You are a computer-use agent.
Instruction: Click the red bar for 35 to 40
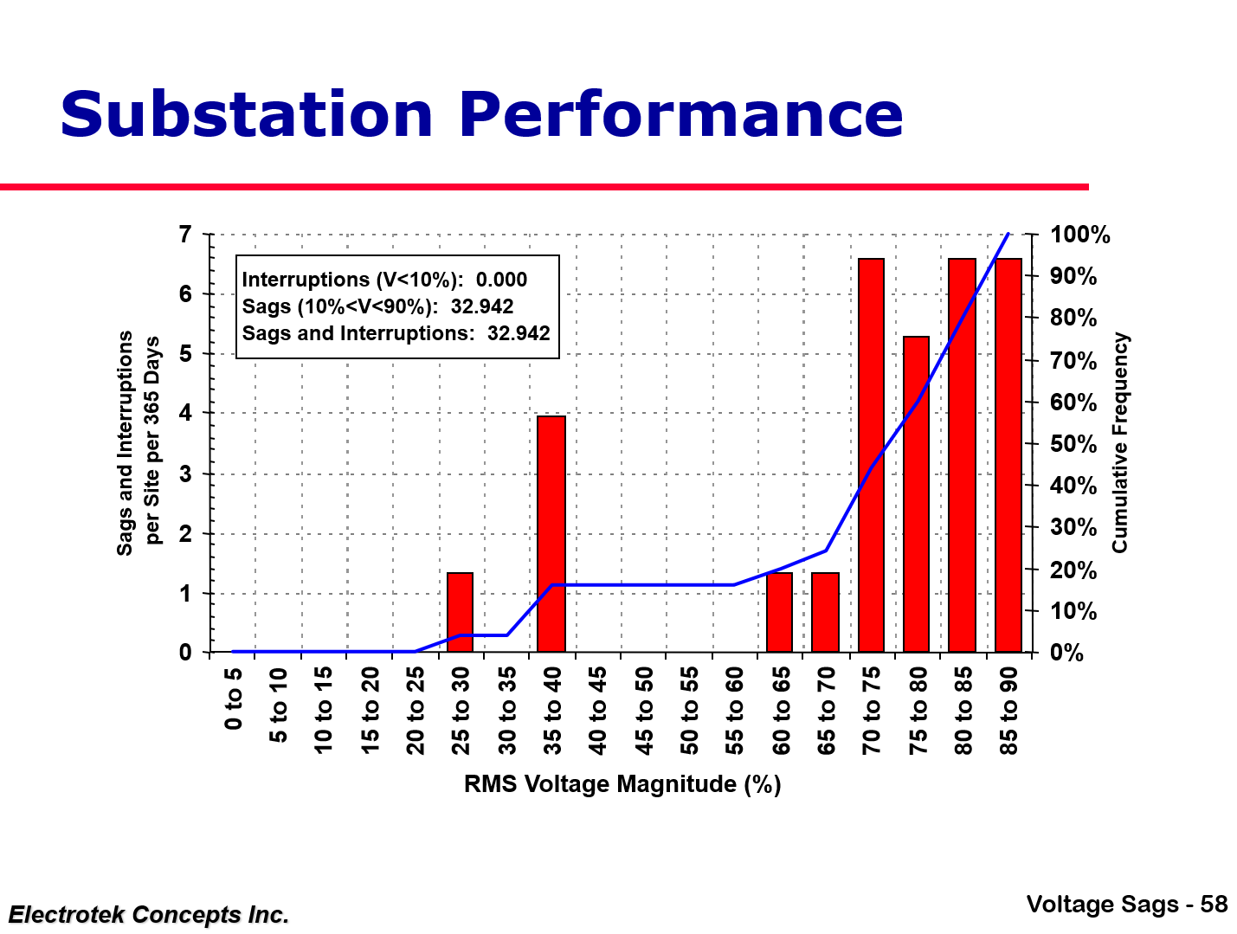(x=551, y=533)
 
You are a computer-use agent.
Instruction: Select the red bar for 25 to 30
(x=460, y=612)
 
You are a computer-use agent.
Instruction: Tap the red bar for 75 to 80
(x=916, y=493)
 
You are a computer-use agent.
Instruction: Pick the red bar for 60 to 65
(x=779, y=612)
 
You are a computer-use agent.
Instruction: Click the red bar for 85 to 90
(x=1008, y=454)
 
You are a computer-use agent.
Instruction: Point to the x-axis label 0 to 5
(x=234, y=697)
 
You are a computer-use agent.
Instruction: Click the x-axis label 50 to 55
(x=689, y=711)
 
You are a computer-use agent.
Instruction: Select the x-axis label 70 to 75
(x=872, y=711)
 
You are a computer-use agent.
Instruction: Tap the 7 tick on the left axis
(x=184, y=235)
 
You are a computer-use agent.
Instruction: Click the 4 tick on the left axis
(x=184, y=414)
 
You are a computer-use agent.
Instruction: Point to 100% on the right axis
(x=1079, y=235)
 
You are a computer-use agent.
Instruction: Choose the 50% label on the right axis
(x=1073, y=444)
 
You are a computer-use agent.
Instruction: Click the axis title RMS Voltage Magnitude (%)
(x=622, y=784)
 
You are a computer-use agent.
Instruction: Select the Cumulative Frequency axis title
(x=1120, y=442)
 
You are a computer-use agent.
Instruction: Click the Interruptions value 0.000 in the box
(x=501, y=280)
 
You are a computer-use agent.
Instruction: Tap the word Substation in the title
(x=246, y=115)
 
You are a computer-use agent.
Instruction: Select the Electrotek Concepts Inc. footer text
(x=148, y=914)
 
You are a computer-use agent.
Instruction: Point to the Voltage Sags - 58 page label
(x=1126, y=905)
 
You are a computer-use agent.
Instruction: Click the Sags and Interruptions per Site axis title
(x=139, y=442)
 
